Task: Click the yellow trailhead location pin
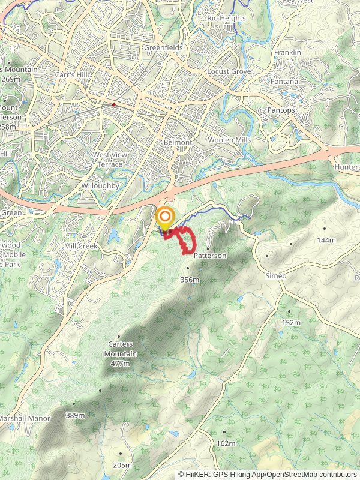(165, 217)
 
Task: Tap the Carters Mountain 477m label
(121, 354)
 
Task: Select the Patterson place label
(210, 256)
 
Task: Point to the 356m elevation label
(190, 279)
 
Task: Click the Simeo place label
(276, 275)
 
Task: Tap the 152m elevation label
(291, 322)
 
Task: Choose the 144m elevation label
(326, 239)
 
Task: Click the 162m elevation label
(226, 443)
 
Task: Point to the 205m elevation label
(122, 465)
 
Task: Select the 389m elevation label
(75, 415)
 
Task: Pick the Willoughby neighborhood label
(101, 186)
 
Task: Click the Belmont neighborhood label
(178, 143)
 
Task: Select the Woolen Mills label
(229, 140)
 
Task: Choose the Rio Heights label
(226, 18)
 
